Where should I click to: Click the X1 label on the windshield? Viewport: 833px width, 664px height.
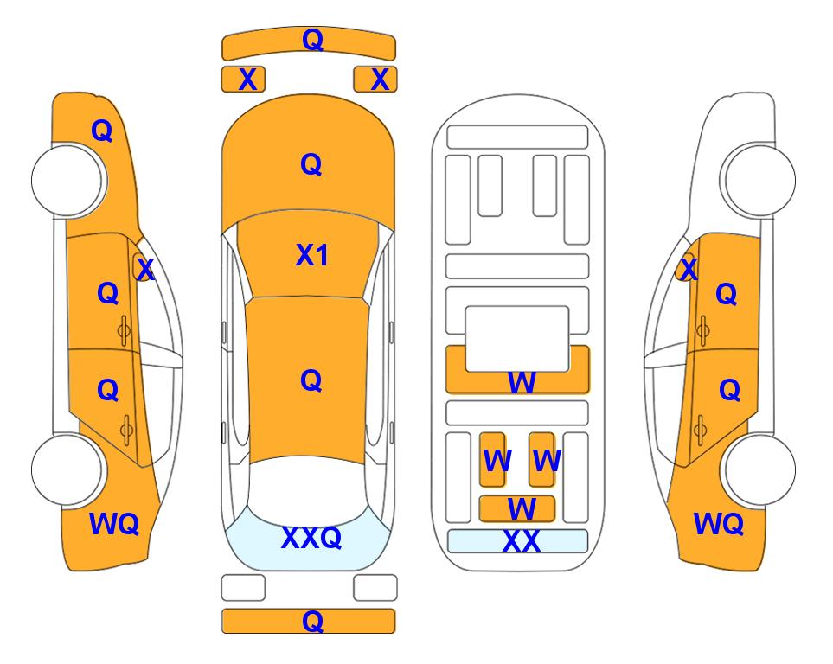click(x=311, y=255)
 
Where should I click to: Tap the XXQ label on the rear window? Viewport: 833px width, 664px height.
click(x=311, y=538)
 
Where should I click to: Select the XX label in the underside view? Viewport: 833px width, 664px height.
click(x=521, y=542)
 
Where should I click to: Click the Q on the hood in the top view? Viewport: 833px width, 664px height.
click(x=311, y=164)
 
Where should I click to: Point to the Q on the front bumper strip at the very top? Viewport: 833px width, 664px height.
click(x=311, y=40)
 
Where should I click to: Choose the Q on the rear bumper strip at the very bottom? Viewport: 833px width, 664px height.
click(x=311, y=621)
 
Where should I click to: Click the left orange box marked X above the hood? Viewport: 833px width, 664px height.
click(x=247, y=80)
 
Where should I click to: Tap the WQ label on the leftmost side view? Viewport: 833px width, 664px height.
click(x=114, y=524)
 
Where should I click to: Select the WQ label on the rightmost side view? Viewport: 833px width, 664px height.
click(x=719, y=524)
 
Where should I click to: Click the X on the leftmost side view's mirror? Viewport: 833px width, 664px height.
click(x=144, y=270)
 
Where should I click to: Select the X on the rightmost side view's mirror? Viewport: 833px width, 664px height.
click(x=688, y=270)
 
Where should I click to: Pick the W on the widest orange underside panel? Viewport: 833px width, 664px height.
click(x=521, y=382)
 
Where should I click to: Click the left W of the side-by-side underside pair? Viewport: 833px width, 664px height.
click(x=497, y=462)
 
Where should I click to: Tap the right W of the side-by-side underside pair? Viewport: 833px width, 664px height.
click(x=546, y=462)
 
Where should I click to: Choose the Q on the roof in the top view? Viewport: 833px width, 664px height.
click(x=311, y=380)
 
